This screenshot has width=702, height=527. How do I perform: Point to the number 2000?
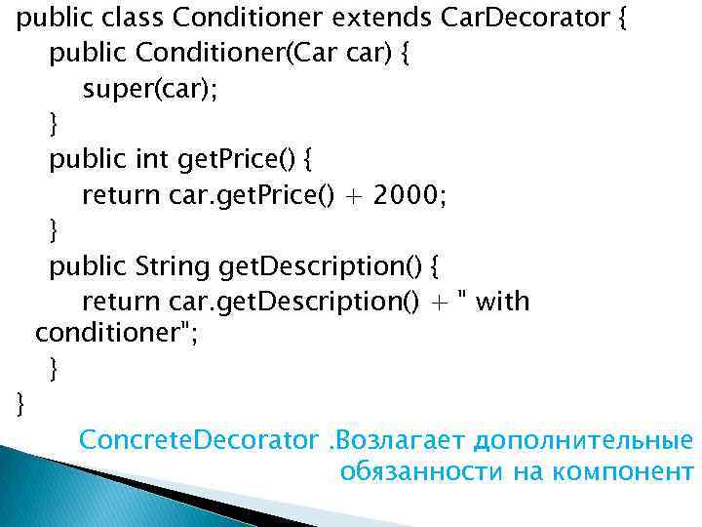coord(400,195)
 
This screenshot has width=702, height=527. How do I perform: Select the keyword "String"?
coord(173,265)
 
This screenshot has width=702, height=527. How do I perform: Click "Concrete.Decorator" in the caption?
coord(199,440)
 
